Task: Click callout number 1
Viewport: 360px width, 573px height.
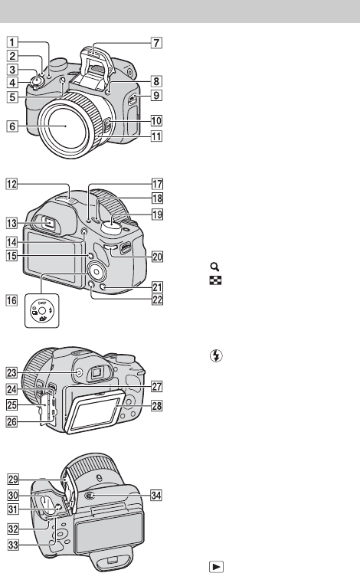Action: pos(11,42)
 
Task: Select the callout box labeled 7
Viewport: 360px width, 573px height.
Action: pos(156,43)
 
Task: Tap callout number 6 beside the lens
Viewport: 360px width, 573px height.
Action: pos(12,126)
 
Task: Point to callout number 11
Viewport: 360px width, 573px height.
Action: pos(156,136)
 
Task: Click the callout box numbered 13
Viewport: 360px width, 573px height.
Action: pos(11,223)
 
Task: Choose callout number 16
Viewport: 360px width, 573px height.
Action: pos(11,300)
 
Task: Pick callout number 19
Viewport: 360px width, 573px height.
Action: pos(157,214)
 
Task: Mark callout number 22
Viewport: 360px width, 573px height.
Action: pos(157,300)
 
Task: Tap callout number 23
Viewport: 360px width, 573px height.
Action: pos(11,373)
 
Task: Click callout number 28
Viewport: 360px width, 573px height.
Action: pos(157,406)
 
